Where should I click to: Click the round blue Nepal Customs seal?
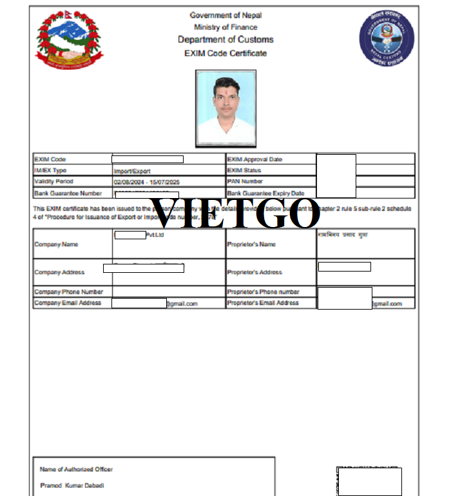387,38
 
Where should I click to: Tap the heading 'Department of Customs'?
225,40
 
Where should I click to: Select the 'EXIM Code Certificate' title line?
225,53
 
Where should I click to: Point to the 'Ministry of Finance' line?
225,27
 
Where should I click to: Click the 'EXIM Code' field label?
50,159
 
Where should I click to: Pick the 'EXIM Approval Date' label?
254,159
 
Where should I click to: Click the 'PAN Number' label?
245,182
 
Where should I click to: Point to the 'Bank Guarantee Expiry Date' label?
265,193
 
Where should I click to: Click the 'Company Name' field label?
56,244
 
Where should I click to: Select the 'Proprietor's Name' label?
251,244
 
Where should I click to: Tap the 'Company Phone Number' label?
69,292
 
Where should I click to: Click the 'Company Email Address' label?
68,303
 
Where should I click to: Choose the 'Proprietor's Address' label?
254,272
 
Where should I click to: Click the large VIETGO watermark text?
235,213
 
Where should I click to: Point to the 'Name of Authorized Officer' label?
76,469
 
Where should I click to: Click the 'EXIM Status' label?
244,170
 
